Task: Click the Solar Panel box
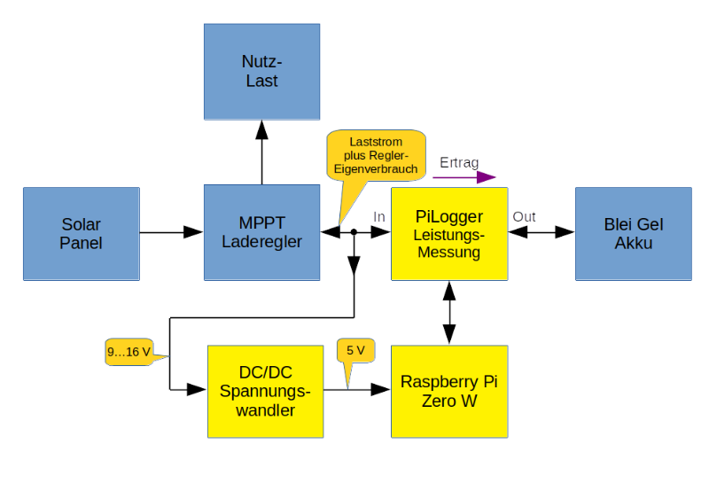(82, 234)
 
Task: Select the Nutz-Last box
(261, 72)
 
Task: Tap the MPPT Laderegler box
(261, 232)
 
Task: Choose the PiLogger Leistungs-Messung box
(449, 234)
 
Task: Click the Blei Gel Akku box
(633, 234)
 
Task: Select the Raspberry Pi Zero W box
(449, 391)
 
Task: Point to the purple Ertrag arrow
(464, 177)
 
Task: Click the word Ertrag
(459, 162)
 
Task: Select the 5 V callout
(355, 351)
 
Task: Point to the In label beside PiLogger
(379, 216)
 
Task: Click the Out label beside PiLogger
(524, 216)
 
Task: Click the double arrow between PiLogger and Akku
(541, 232)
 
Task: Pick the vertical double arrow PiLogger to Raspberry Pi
(449, 312)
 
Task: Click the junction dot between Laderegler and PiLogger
(354, 232)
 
